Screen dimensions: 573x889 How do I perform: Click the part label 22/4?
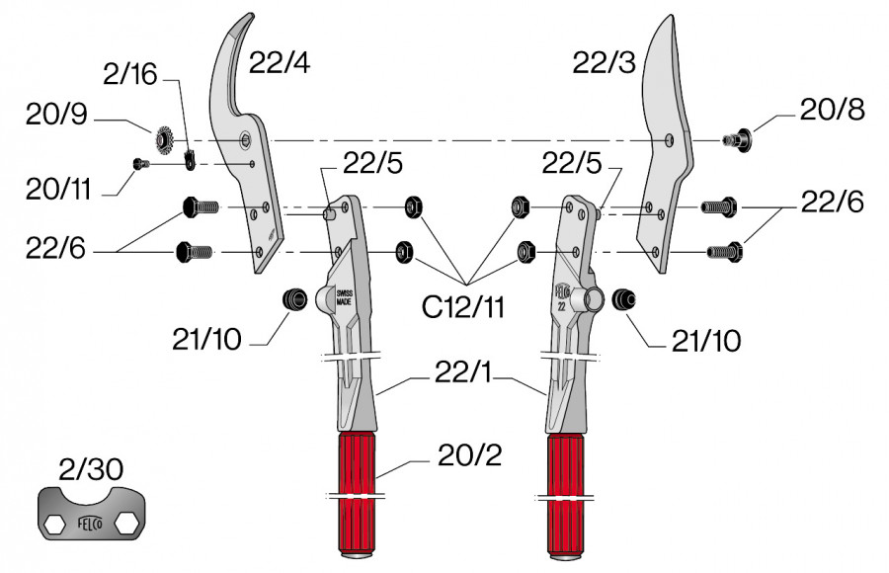point(280,64)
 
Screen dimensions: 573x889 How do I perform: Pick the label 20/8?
point(833,110)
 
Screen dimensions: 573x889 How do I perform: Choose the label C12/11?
point(463,306)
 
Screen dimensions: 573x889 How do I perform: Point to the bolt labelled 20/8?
point(737,139)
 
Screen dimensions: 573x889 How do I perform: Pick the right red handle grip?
point(564,489)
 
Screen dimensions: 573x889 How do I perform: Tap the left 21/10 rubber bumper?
point(290,299)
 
